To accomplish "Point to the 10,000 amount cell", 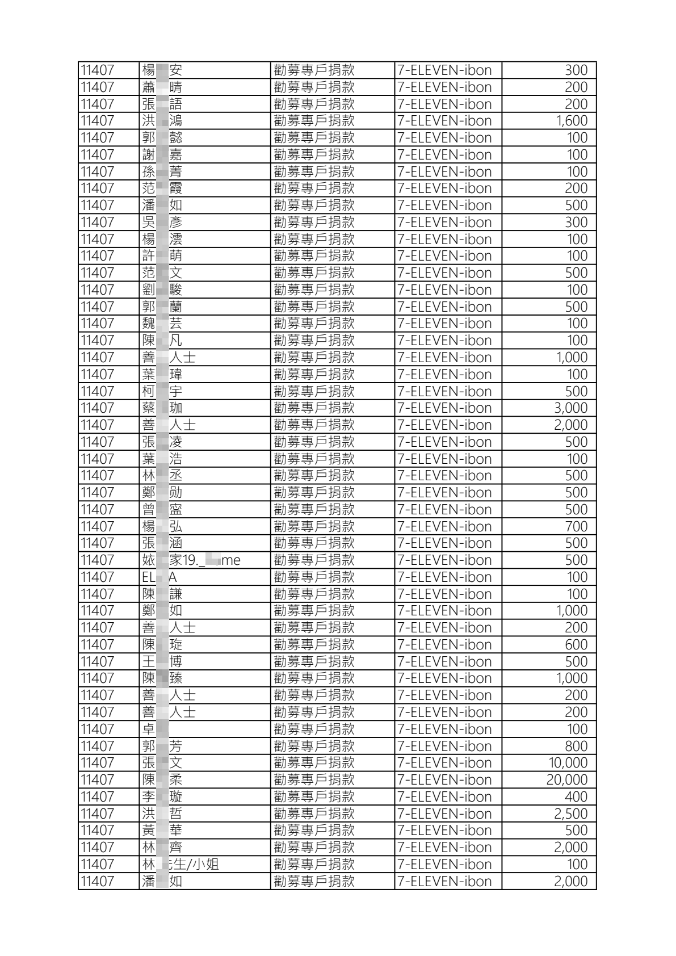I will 568,763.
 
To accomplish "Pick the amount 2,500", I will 570,814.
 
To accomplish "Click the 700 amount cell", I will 576,526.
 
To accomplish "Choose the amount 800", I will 576,746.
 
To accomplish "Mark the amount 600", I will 576,645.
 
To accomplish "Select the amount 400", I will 576,796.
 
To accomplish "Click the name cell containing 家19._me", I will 191,560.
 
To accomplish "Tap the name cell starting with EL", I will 159,577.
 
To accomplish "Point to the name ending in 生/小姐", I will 180,864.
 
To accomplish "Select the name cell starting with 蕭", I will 162,87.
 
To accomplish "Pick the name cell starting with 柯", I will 162,391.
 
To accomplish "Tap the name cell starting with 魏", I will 162,324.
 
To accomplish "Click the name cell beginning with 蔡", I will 162,408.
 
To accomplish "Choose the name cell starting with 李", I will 162,796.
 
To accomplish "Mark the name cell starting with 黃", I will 162,831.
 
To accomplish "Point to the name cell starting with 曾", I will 162,510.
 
